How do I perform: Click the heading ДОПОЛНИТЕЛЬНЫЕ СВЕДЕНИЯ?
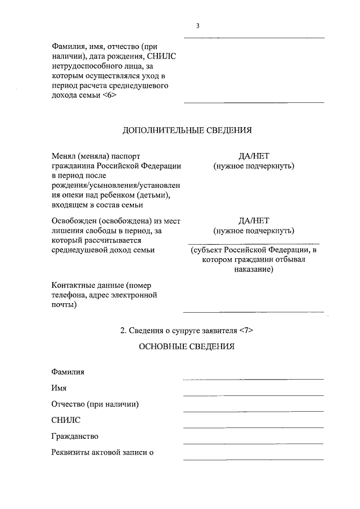(187, 130)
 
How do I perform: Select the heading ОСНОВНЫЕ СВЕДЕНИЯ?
(187, 346)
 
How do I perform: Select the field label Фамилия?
(68, 372)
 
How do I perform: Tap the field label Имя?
(59, 388)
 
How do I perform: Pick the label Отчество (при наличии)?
(94, 404)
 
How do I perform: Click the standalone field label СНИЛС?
(66, 420)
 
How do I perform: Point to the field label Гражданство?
(74, 436)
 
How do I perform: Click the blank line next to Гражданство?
(254, 443)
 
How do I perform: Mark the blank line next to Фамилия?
(254, 379)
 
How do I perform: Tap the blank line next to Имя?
(254, 395)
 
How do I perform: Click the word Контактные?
(71, 285)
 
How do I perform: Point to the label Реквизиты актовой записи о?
(102, 452)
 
